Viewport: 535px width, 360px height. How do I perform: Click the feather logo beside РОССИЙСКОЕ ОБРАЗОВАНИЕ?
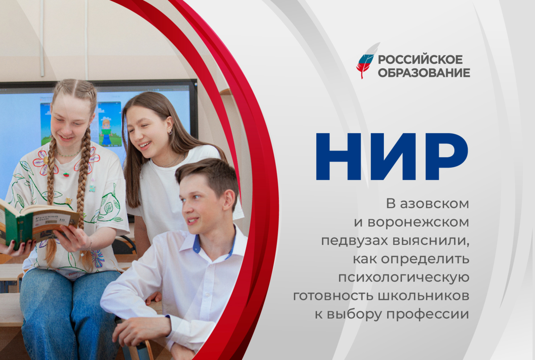pos(366,61)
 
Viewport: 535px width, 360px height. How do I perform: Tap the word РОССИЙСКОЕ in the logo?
pos(420,60)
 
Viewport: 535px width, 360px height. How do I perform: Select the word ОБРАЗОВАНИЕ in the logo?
pos(424,73)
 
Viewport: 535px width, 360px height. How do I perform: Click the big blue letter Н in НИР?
pos(339,156)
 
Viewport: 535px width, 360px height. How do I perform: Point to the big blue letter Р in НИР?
pos(446,156)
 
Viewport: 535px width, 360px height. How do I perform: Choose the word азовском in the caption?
pos(434,204)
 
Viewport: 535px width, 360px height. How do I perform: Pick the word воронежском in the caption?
pos(418,222)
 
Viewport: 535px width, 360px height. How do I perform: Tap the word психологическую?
pos(404,278)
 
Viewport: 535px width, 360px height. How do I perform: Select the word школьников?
pos(424,296)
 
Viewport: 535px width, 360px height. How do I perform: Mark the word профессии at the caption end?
pos(428,315)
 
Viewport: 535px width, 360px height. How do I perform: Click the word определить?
pos(425,259)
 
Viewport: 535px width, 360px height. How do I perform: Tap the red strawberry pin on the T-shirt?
pos(66,175)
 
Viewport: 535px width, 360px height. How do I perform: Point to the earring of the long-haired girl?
pos(170,132)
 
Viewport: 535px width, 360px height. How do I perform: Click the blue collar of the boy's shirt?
pos(197,244)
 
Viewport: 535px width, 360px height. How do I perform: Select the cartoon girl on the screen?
pos(106,132)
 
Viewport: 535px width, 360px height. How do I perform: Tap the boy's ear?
pos(229,200)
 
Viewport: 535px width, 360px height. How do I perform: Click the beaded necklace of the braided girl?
pos(69,154)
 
